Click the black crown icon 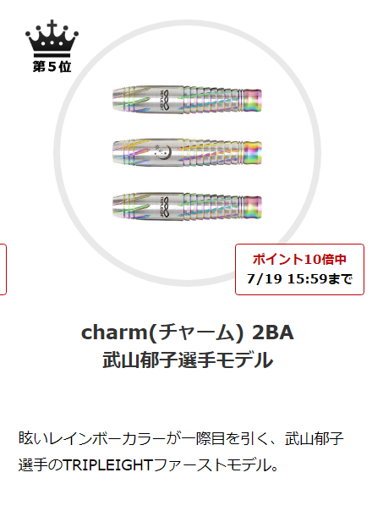[52, 38]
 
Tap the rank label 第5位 [52, 67]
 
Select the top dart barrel [187, 99]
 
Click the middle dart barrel [187, 153]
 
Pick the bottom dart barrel [187, 206]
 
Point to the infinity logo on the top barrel [165, 99]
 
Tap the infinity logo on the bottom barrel [165, 206]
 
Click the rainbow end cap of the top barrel [253, 99]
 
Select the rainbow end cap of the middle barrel [253, 153]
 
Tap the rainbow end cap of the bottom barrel [253, 206]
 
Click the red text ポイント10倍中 [299, 259]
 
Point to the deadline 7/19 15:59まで [299, 278]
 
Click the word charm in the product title [114, 332]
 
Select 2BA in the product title [273, 332]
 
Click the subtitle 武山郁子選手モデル [188, 360]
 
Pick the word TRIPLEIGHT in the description [108, 465]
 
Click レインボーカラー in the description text [107, 438]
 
